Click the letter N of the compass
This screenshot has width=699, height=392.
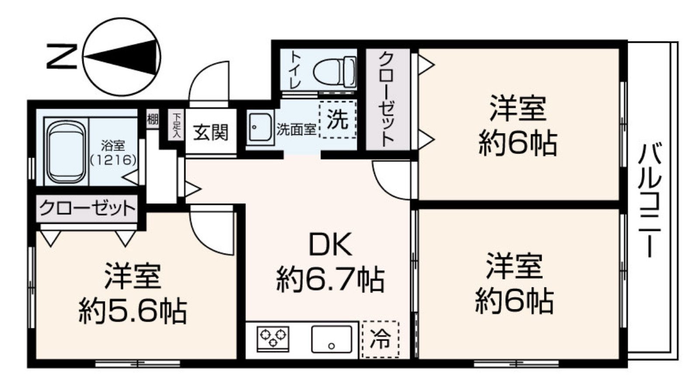62,57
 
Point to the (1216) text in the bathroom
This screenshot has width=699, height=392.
113,160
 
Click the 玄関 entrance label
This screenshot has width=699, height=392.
211,132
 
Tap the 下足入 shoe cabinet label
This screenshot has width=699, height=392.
177,125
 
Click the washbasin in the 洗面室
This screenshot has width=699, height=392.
260,127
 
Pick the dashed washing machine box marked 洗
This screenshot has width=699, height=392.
337,120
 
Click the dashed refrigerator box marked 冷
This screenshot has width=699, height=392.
381,339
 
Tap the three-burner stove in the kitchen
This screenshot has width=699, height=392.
273,338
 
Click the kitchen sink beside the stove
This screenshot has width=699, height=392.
332,339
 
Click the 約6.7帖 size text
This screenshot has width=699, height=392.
330,279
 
